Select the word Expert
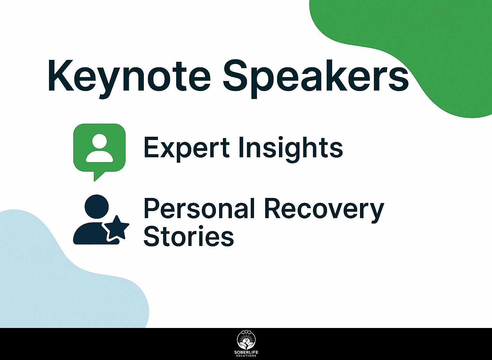point(187,148)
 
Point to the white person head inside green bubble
point(99,141)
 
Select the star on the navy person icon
point(116,228)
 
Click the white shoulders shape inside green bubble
point(99,157)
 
